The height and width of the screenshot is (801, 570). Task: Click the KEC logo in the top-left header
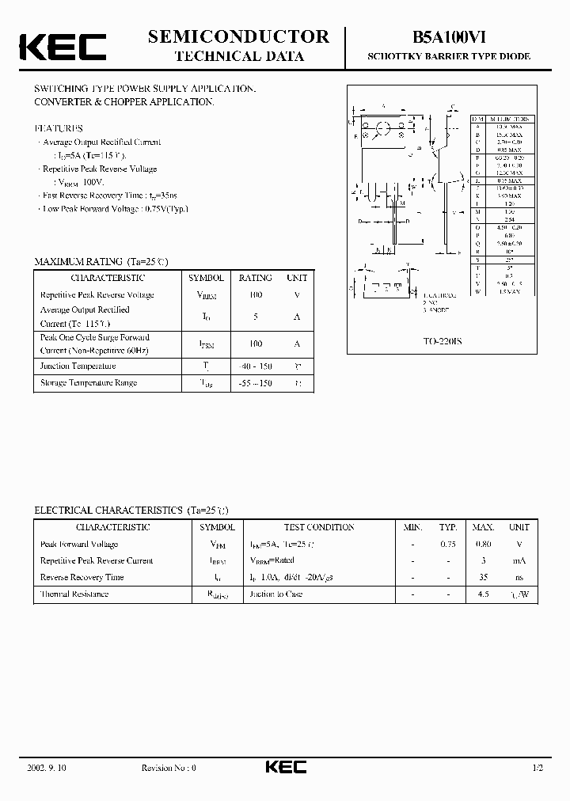pos(63,47)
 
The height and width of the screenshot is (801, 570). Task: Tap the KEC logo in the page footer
pos(285,767)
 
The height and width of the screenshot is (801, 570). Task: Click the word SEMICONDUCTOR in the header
pos(238,36)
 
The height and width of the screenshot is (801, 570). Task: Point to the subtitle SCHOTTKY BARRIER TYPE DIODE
pos(448,57)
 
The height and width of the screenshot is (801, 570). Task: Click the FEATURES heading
pos(59,128)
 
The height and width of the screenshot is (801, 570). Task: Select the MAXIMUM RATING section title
pos(101,261)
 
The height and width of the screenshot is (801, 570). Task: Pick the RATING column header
pos(255,278)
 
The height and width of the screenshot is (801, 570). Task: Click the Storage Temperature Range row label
pos(89,382)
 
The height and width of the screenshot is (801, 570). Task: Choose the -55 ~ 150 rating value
pos(255,382)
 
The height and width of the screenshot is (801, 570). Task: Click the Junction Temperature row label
pos(78,366)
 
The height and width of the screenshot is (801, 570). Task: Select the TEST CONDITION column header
pos(319,527)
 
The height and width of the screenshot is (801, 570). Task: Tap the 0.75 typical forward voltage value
pos(448,544)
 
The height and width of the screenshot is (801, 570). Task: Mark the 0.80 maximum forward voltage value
pos(483,544)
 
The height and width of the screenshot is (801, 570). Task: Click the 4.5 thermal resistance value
pos(483,594)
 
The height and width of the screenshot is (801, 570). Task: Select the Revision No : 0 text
pos(168,768)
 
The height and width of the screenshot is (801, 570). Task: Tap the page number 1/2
pos(538,768)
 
